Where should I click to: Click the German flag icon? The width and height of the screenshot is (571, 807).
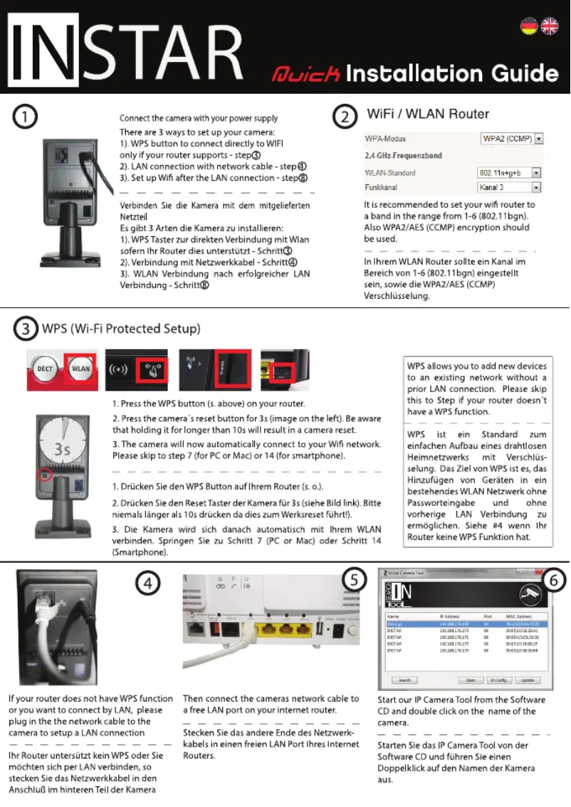pyautogui.click(x=528, y=26)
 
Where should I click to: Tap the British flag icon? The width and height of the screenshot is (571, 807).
pyautogui.click(x=550, y=26)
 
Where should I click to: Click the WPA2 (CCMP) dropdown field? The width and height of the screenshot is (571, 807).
pyautogui.click(x=512, y=138)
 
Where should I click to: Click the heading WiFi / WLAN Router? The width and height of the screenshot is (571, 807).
pyautogui.click(x=427, y=114)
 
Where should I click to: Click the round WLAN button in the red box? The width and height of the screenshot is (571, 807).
pyautogui.click(x=80, y=369)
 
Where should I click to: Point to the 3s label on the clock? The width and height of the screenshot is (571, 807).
pyautogui.click(x=63, y=450)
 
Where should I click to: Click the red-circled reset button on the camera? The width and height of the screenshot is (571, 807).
pyautogui.click(x=46, y=475)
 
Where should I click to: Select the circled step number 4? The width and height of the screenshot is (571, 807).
pyautogui.click(x=147, y=584)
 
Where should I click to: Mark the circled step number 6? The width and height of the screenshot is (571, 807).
pyautogui.click(x=554, y=581)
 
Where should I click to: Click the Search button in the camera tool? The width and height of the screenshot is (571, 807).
pyautogui.click(x=404, y=680)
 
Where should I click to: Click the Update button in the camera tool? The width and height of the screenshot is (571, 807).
pyautogui.click(x=528, y=680)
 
